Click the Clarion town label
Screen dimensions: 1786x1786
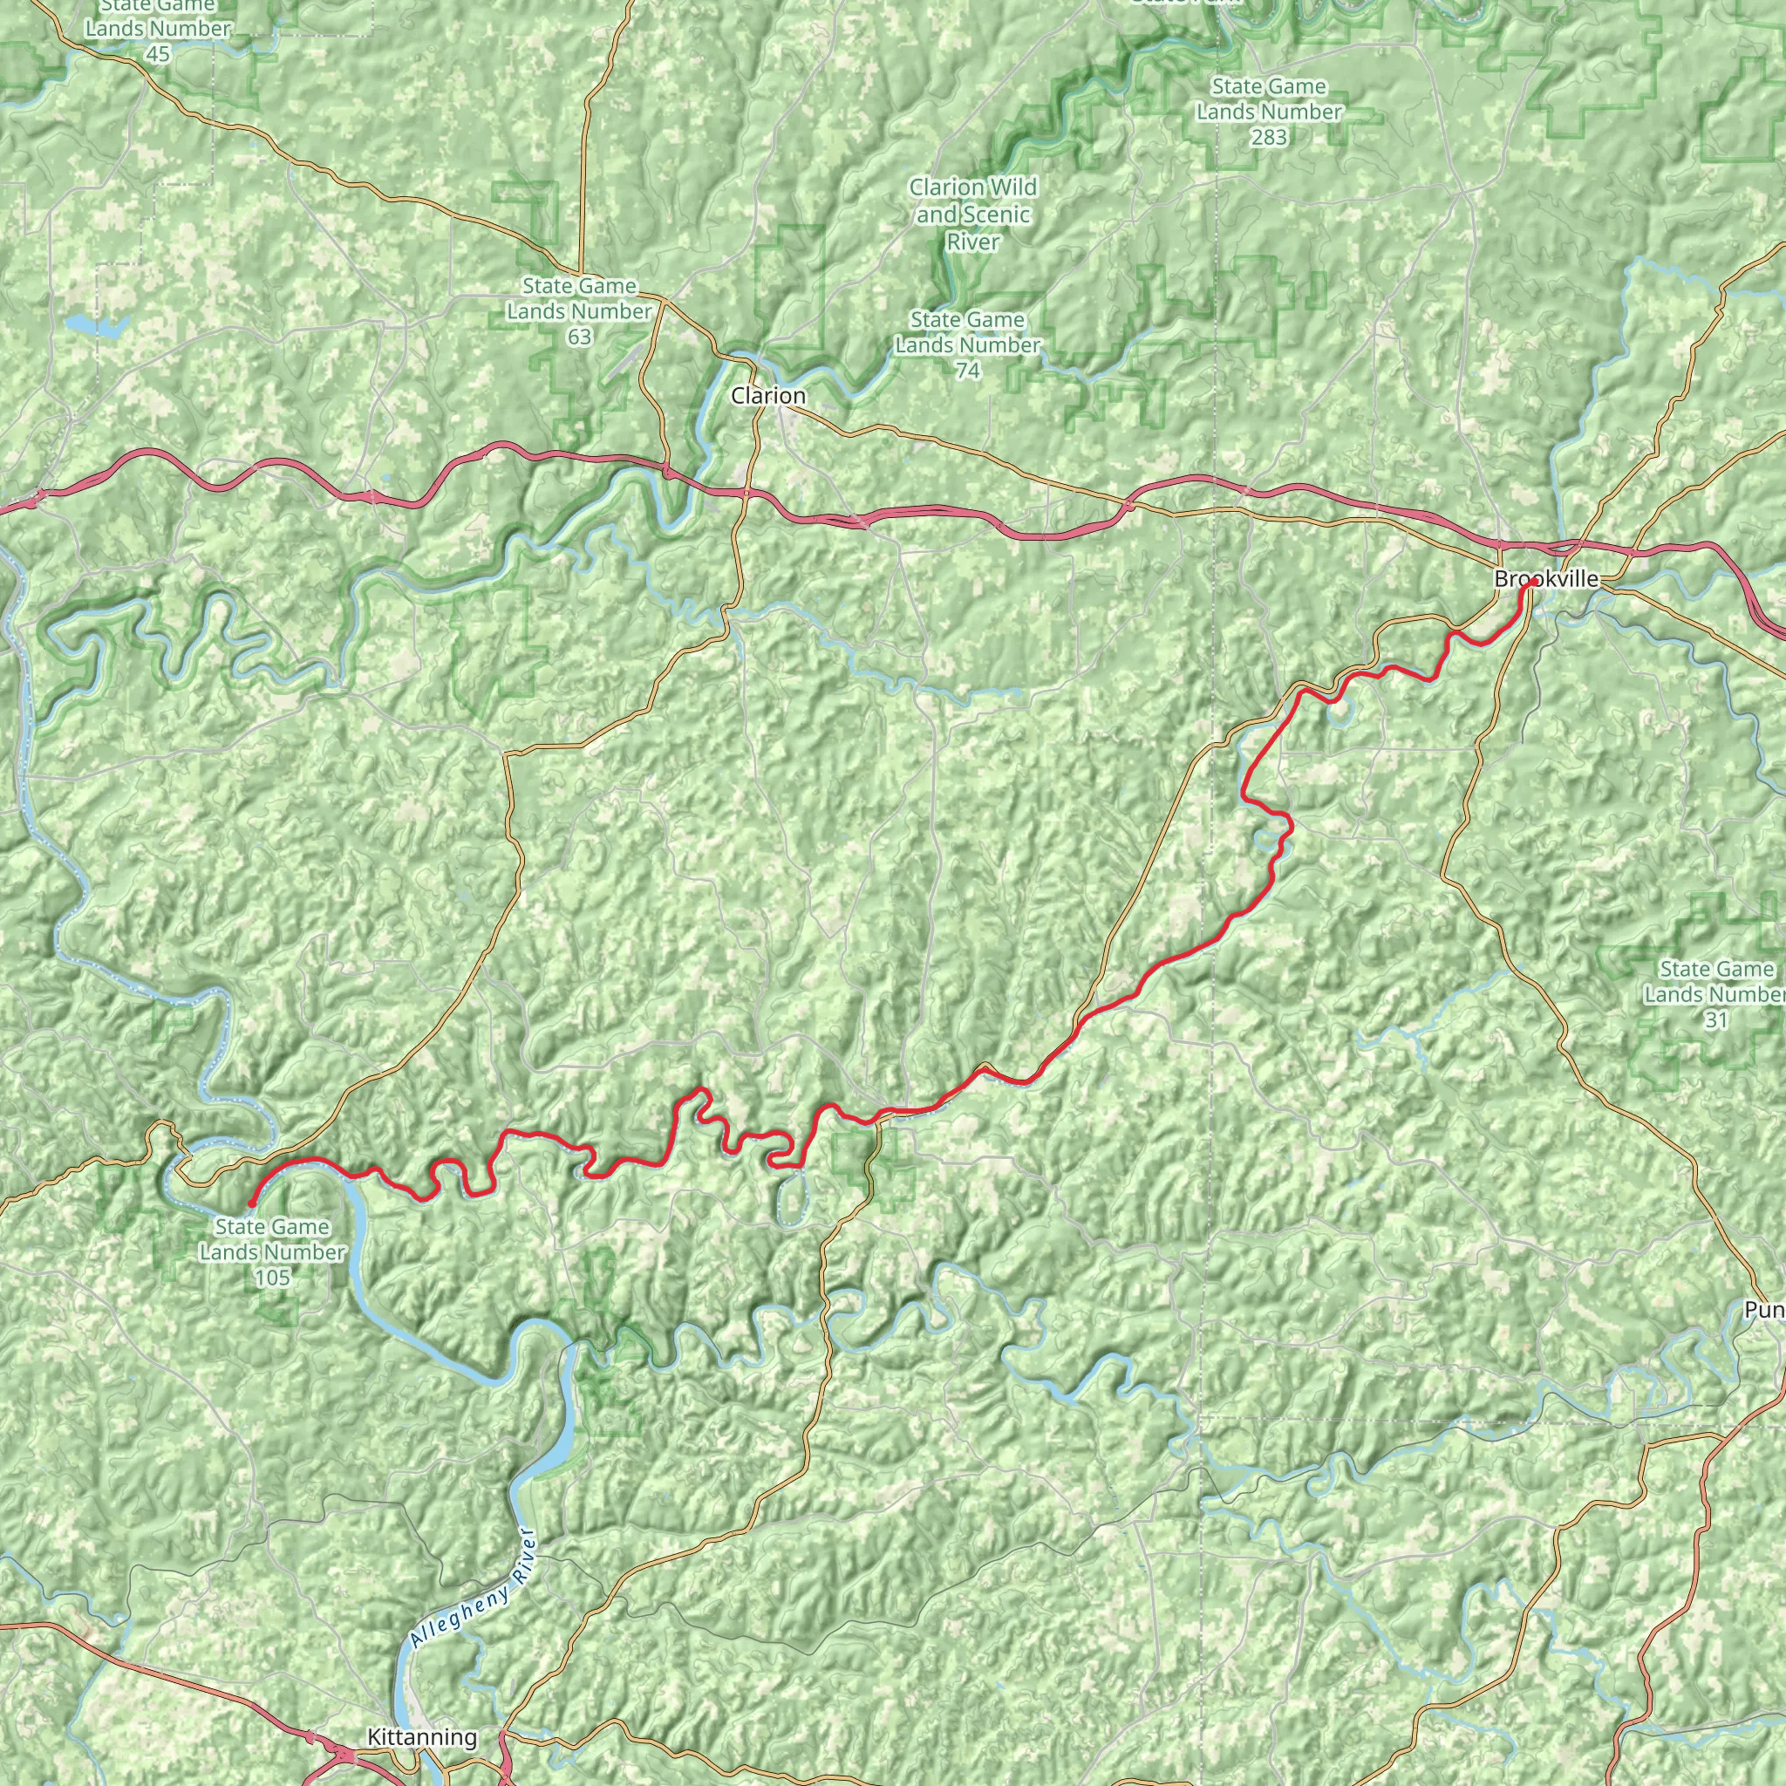pos(768,396)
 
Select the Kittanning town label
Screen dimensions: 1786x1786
pos(421,1737)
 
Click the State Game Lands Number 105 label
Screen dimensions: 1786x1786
pos(272,1251)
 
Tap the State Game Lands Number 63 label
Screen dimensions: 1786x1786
pos(579,311)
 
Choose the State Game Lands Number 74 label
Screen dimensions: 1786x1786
pos(967,344)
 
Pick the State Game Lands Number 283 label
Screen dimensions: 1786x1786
pos(1268,112)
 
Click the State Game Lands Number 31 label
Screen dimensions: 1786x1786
pos(1715,994)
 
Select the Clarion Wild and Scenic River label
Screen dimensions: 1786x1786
pos(972,215)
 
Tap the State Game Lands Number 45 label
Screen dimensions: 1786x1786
pos(157,30)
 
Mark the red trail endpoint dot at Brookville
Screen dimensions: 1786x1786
pos(1533,583)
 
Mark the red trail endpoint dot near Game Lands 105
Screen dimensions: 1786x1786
pos(251,1203)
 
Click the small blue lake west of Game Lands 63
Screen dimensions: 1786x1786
pos(95,325)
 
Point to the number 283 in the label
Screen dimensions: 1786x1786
pos(1269,138)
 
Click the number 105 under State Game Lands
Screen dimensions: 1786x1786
pos(272,1278)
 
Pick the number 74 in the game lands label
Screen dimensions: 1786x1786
pos(967,371)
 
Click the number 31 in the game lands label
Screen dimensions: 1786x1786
pos(1715,1019)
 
